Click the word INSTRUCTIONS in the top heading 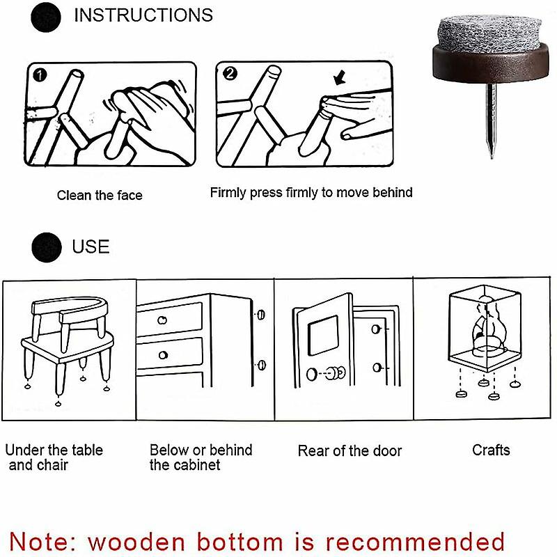[x=143, y=15]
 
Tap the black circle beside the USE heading [x=46, y=246]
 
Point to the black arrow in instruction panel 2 [x=341, y=78]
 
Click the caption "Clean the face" [x=100, y=196]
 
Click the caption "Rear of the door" [x=350, y=451]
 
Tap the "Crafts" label [x=491, y=450]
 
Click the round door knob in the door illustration [x=337, y=373]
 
